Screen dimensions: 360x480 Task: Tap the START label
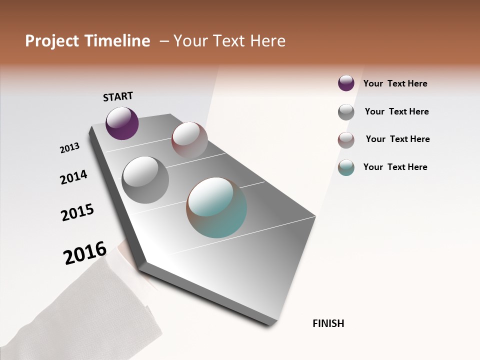118,96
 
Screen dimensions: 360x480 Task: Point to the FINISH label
328,323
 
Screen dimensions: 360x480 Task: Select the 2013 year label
70,148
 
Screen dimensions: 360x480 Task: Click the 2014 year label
73,177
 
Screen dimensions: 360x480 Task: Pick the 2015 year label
77,213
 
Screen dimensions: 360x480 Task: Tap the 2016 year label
85,253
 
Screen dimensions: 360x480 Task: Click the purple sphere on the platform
122,123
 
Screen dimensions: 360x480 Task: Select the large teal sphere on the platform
216,207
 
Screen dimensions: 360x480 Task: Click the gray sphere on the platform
145,179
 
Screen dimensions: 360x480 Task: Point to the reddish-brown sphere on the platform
189,139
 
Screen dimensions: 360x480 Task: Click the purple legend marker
346,83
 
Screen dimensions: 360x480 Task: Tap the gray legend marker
346,112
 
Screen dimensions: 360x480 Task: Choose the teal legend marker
346,167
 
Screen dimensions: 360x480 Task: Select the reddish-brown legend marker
346,140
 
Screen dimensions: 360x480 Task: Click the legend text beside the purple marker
395,83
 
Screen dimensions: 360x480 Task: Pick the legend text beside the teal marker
395,167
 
